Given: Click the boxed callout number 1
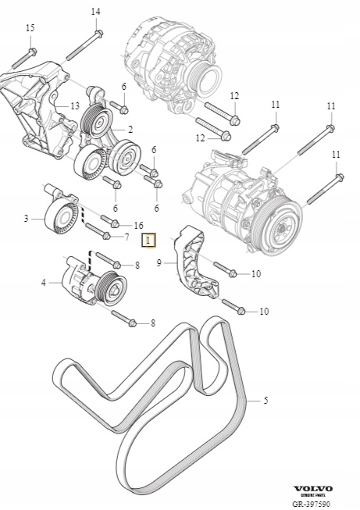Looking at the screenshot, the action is pos(148,241).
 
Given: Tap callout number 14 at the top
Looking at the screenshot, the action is pos(95,12).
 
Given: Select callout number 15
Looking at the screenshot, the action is pos(30,28).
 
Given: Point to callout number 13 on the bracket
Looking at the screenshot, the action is pos(75,106).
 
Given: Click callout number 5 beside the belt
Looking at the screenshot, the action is pos(266,401).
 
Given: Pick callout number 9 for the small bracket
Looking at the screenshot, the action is pos(159,262).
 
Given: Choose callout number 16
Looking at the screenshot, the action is pos(138,226).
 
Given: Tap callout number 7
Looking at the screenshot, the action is pos(127,237).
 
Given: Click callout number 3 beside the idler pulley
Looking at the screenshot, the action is pos(26,218).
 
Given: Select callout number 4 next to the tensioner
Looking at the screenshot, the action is pos(44,283).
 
